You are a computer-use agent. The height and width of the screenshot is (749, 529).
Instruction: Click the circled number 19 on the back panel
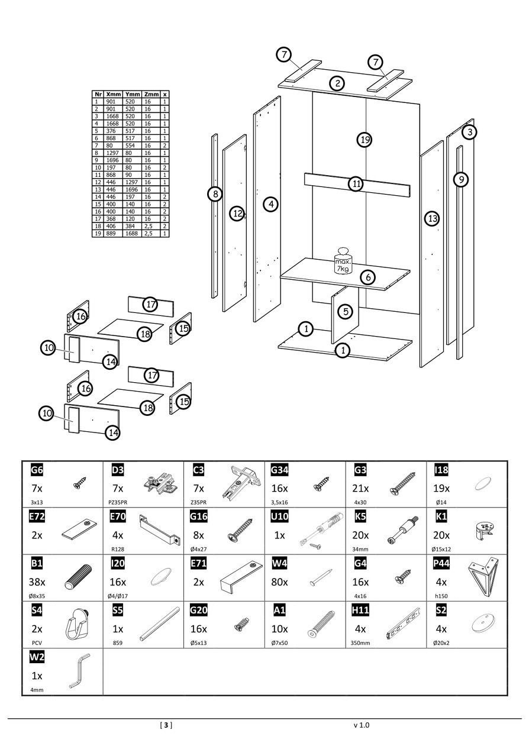click(365, 140)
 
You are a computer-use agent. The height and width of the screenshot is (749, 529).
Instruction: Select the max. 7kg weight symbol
click(343, 261)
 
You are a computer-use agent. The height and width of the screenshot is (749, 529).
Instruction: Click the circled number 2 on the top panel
click(337, 83)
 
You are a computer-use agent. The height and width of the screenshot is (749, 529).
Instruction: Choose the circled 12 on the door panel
click(237, 214)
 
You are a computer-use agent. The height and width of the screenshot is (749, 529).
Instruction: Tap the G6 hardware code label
click(37, 470)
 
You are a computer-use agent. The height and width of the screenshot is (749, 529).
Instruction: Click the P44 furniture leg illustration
click(483, 573)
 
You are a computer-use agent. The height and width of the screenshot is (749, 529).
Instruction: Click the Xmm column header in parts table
click(114, 94)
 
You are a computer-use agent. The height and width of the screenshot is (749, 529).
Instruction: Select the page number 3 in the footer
click(166, 725)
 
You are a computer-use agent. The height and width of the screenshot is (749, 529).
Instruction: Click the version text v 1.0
click(361, 725)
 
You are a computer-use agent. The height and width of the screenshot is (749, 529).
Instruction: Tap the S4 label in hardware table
click(37, 610)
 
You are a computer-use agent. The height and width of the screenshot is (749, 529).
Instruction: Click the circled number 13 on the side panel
click(432, 219)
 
